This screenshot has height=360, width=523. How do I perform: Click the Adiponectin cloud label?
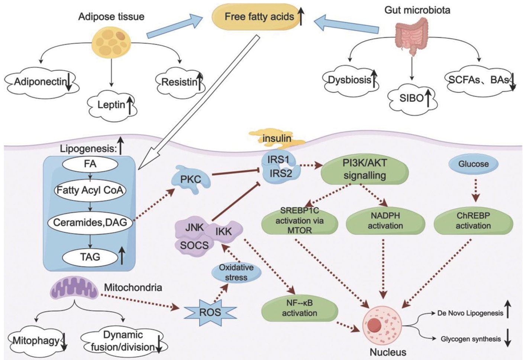(41, 82)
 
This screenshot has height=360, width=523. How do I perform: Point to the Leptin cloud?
(112, 105)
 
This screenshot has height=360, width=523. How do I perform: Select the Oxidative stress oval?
(236, 273)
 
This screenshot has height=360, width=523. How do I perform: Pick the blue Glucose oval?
(473, 164)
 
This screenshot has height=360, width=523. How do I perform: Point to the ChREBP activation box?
(473, 221)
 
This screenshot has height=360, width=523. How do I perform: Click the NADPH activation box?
(385, 221)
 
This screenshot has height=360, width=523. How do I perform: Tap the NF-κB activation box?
(300, 308)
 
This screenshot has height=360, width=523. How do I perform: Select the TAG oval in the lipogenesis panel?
(90, 257)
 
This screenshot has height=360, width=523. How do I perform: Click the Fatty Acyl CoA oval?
(90, 190)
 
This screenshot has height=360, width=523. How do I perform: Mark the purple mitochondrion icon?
(75, 289)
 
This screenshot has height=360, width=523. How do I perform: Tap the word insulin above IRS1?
(277, 138)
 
